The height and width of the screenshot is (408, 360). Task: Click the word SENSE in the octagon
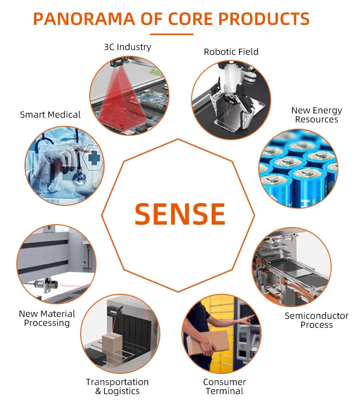180,214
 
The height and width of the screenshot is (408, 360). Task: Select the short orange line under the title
171,34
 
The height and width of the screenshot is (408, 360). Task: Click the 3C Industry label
127,47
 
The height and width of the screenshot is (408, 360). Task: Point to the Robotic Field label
231,52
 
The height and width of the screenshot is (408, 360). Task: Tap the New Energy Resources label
316,115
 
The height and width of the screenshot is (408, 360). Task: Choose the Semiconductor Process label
316,320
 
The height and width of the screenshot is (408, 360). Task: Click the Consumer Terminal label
224,386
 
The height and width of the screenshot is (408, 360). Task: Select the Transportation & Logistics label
117,386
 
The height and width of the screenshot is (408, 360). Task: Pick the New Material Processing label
47,318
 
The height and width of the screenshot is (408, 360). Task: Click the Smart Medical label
50,115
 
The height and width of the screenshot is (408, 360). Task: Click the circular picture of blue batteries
298,169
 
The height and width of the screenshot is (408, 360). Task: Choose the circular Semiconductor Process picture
291,267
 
